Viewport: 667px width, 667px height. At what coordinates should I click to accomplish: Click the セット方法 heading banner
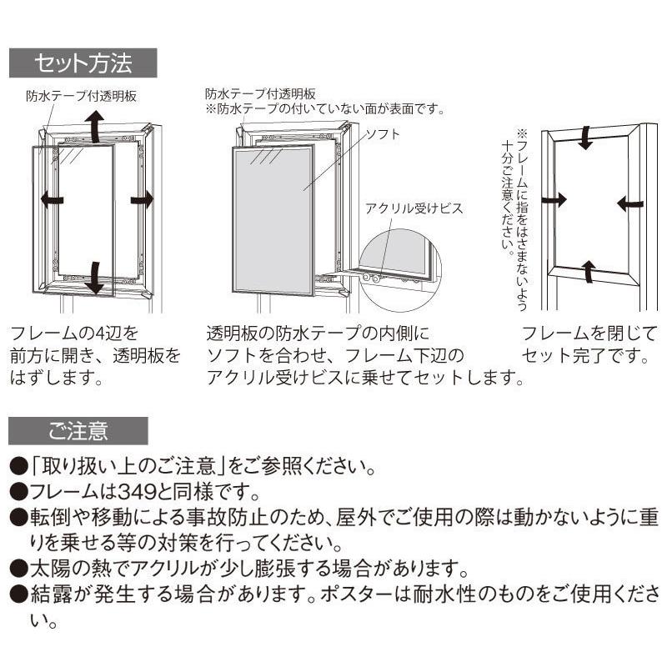click(x=82, y=62)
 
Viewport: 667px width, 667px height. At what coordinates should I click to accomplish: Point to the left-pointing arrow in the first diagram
click(x=53, y=198)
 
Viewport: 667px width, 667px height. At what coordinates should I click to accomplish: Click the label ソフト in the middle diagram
click(x=384, y=134)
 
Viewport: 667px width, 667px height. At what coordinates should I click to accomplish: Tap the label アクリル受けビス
click(x=413, y=208)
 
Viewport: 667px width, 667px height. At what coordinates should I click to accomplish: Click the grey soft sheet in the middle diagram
click(x=273, y=217)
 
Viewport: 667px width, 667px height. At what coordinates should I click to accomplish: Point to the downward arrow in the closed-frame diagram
click(x=586, y=138)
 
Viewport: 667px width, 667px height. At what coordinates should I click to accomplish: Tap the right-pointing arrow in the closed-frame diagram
click(x=554, y=199)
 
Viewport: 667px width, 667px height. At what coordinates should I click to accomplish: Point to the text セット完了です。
click(x=584, y=358)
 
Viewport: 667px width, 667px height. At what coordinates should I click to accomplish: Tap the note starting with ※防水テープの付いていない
click(x=325, y=108)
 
